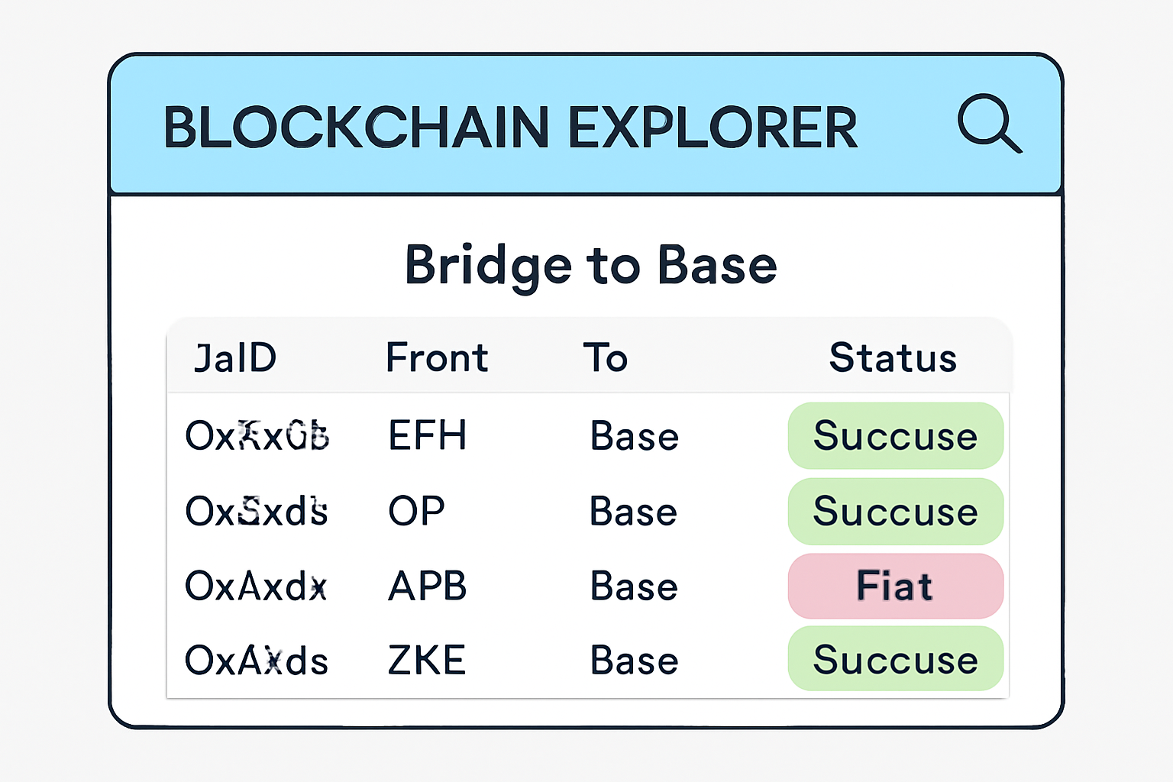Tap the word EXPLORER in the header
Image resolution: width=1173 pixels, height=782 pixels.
pyautogui.click(x=713, y=128)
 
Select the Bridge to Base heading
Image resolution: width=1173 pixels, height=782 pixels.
pyautogui.click(x=590, y=266)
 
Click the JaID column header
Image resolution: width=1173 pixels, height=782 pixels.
pyautogui.click(x=235, y=358)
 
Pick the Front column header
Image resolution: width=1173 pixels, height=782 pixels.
pyautogui.click(x=437, y=358)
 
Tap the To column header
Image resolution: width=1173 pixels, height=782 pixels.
pyautogui.click(x=606, y=358)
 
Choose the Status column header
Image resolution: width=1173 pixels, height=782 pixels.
pyautogui.click(x=893, y=358)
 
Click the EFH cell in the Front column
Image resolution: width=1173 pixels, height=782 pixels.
pyautogui.click(x=427, y=436)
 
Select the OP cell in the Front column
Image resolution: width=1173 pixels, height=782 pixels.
pyautogui.click(x=416, y=512)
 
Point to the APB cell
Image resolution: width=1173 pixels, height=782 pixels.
pyautogui.click(x=427, y=586)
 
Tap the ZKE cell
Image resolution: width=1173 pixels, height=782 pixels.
pyautogui.click(x=426, y=661)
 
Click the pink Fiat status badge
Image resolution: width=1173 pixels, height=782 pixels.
pyautogui.click(x=895, y=586)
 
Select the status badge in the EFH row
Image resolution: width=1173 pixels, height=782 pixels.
pyautogui.click(x=895, y=436)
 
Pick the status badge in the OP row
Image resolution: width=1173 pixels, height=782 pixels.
pyautogui.click(x=895, y=512)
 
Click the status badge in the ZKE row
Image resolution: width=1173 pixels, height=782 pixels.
pyautogui.click(x=895, y=659)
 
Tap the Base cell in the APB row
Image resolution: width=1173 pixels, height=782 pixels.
pyautogui.click(x=634, y=586)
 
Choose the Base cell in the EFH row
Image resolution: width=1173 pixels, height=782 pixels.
pyautogui.click(x=634, y=436)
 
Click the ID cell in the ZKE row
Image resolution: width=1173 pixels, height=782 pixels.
pyautogui.click(x=257, y=661)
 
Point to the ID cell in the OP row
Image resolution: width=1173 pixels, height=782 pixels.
pyautogui.click(x=257, y=512)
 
